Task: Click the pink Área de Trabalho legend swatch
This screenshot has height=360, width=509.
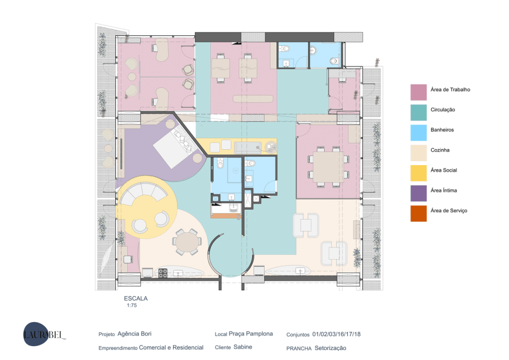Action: click(x=419, y=92)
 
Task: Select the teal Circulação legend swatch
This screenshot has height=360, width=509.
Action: click(x=419, y=112)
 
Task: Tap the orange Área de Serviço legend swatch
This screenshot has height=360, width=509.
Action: click(x=419, y=213)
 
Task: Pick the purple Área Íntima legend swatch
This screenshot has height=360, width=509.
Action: click(x=419, y=193)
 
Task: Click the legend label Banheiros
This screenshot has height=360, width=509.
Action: click(x=442, y=130)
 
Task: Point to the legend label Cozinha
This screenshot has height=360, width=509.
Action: click(x=440, y=150)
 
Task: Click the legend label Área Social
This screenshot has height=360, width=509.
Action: click(x=443, y=170)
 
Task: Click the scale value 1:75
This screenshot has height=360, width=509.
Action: click(x=132, y=305)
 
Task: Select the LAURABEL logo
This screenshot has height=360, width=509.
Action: click(x=44, y=334)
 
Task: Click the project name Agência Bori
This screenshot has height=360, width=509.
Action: click(x=134, y=334)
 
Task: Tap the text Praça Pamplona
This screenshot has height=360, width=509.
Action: click(x=251, y=334)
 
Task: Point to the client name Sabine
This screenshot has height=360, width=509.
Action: click(x=243, y=347)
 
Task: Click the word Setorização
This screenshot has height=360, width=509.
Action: click(x=331, y=348)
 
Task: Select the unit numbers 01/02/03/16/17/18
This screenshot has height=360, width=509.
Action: click(x=337, y=334)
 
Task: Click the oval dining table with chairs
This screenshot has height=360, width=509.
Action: click(x=187, y=242)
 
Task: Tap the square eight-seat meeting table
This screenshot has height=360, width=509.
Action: click(x=328, y=167)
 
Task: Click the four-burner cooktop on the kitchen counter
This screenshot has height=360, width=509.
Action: click(x=163, y=273)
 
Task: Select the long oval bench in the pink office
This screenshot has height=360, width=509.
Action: click(x=253, y=98)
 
